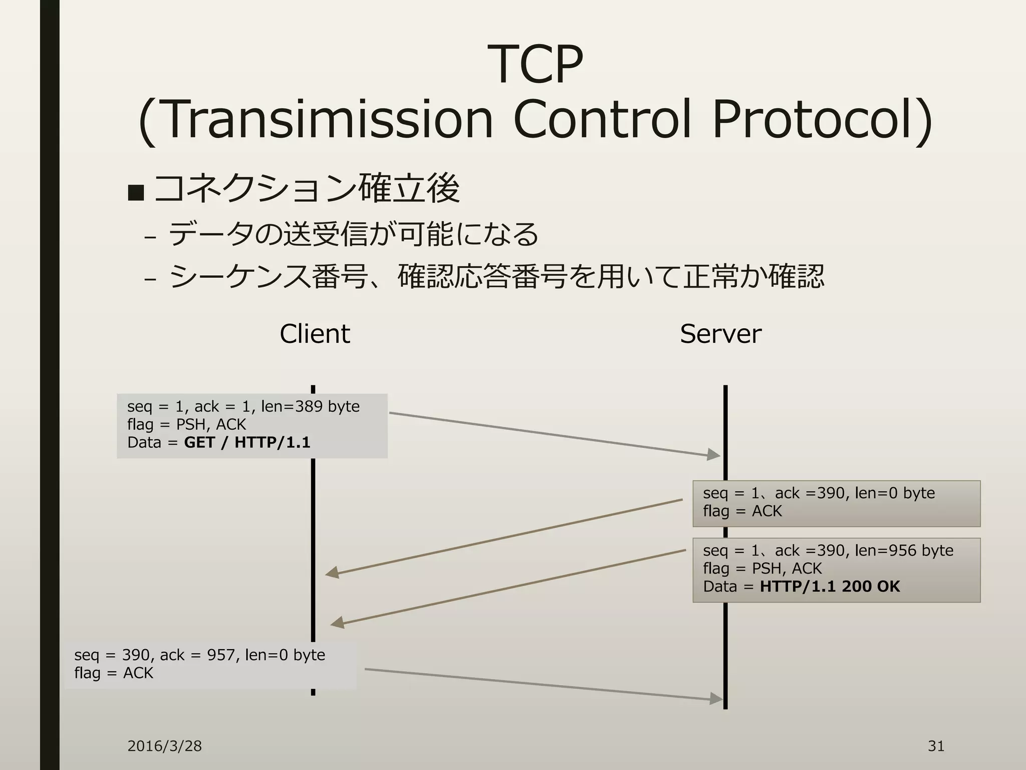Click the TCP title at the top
click(535, 65)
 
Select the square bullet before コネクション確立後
click(136, 192)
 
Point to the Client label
click(315, 334)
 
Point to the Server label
click(720, 334)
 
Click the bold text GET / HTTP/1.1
click(247, 443)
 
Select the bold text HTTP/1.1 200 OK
click(830, 587)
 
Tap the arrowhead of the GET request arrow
click(714, 455)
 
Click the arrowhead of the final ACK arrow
click(717, 698)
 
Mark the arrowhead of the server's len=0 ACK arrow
click(332, 572)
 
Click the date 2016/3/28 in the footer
click(164, 746)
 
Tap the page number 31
click(936, 746)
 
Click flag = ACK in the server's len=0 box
click(742, 511)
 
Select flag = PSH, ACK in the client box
click(186, 425)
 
